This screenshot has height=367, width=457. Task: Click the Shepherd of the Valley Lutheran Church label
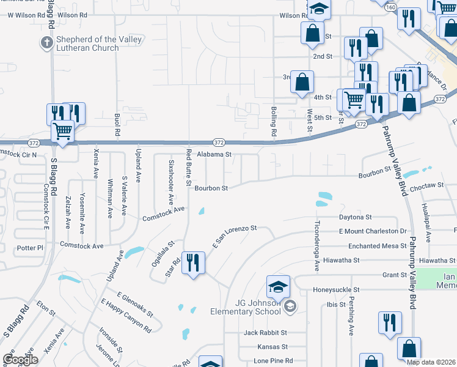[x=98, y=44]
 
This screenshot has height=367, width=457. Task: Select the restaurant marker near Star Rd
[x=193, y=264]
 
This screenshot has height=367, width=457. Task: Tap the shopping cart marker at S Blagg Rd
[x=62, y=131]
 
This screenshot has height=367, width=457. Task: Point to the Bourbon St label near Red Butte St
[x=211, y=188]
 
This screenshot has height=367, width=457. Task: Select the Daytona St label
[x=356, y=217]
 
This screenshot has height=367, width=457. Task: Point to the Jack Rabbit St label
[x=265, y=333]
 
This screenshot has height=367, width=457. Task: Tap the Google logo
[x=20, y=360]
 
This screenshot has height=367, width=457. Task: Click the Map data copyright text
[x=430, y=362]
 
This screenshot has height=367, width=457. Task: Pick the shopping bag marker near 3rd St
[x=302, y=82]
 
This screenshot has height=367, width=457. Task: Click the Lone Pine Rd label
[x=273, y=360]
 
